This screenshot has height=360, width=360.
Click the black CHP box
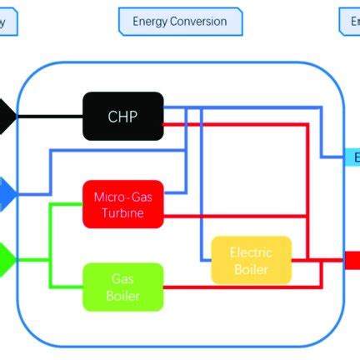pyautogui.click(x=123, y=117)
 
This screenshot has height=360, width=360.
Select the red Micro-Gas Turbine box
pyautogui.click(x=123, y=204)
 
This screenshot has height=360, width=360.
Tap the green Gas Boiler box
pyautogui.click(x=122, y=287)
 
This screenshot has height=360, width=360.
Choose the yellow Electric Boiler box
pyautogui.click(x=251, y=260)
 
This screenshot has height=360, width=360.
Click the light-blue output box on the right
pyautogui.click(x=352, y=157)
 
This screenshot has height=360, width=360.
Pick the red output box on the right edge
pyautogui.click(x=352, y=261)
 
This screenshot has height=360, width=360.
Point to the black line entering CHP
pyautogui.click(x=50, y=117)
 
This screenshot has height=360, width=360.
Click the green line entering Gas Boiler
pyautogui.click(x=67, y=287)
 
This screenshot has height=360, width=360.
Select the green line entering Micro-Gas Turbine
pyautogui.click(x=67, y=204)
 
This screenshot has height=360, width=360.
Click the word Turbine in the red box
pyautogui.click(x=123, y=213)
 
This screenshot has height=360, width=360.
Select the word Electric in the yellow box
pyautogui.click(x=251, y=252)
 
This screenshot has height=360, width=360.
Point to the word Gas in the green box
pyautogui.click(x=122, y=280)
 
